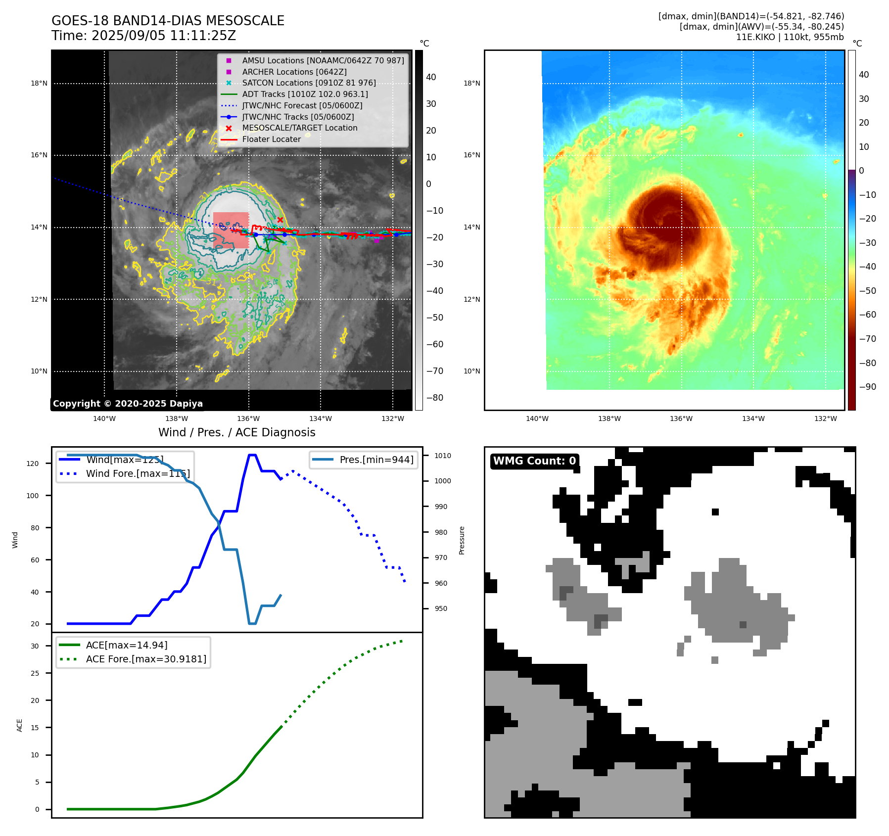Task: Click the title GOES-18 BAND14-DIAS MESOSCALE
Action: click(x=168, y=21)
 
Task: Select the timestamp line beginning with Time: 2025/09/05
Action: click(x=143, y=36)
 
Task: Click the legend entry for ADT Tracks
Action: click(x=305, y=94)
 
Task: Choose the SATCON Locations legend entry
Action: click(x=309, y=83)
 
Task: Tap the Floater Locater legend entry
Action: click(x=271, y=139)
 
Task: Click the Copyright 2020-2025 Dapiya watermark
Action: click(x=128, y=404)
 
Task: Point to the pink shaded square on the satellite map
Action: click(x=231, y=230)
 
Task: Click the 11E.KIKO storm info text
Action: click(x=790, y=37)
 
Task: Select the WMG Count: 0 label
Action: click(x=534, y=461)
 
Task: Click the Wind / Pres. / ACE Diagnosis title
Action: click(x=236, y=432)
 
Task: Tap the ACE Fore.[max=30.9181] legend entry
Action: click(x=146, y=659)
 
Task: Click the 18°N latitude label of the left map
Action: click(x=39, y=84)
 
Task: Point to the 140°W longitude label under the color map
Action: click(x=537, y=418)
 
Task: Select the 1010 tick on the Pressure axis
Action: click(x=443, y=456)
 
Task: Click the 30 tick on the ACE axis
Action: click(x=35, y=646)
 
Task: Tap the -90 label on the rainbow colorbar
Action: click(x=867, y=387)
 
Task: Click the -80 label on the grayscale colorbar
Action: click(x=435, y=398)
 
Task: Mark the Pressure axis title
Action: click(x=462, y=540)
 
